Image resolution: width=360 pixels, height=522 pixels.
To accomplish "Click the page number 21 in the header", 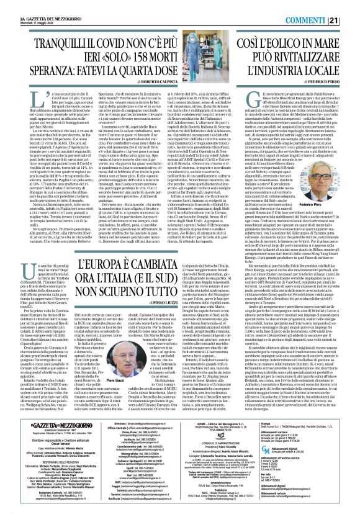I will click(x=351, y=20).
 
